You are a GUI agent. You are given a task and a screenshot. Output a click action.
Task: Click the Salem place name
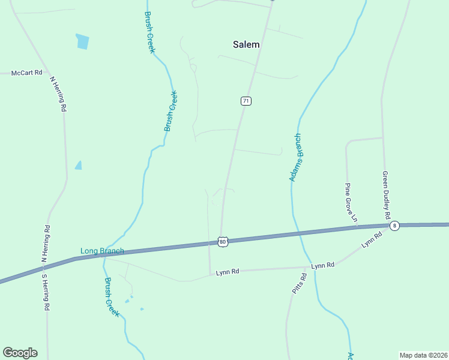[x=246, y=44]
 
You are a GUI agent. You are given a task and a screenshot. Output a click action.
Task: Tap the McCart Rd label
[x=27, y=73]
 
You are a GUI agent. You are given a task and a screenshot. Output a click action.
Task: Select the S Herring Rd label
[x=44, y=292]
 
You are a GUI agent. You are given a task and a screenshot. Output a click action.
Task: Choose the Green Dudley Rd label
[x=386, y=195]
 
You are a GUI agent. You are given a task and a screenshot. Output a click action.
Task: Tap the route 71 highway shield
[x=246, y=101]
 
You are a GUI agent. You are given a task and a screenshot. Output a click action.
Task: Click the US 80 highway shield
[x=223, y=242]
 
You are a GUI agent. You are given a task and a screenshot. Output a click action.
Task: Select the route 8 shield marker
[x=394, y=226]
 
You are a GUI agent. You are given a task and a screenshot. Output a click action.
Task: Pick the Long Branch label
[x=102, y=251]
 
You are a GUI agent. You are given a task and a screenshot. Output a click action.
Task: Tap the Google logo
[x=20, y=353]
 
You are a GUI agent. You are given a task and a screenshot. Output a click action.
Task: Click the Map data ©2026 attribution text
[x=423, y=355]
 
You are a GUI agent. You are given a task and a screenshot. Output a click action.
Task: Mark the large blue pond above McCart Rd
[x=82, y=41]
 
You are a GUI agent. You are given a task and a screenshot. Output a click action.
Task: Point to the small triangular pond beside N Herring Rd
[x=78, y=165]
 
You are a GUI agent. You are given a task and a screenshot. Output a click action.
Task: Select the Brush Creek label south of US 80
[x=112, y=297]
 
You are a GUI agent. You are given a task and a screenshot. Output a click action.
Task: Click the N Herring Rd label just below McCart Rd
[x=58, y=94]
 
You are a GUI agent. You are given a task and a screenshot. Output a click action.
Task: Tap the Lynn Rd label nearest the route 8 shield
[x=372, y=242]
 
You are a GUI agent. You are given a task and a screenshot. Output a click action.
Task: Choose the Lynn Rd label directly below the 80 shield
[x=228, y=272]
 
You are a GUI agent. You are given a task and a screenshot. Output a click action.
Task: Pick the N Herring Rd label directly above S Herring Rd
[x=46, y=244]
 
